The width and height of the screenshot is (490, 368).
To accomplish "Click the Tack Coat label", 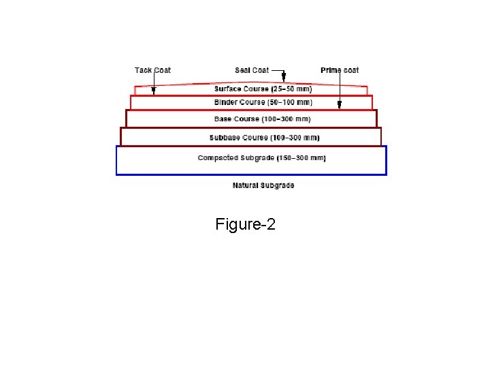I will tap(152, 70).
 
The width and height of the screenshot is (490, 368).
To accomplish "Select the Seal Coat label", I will tap(251, 70).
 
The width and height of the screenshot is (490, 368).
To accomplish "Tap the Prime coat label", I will tap(340, 70).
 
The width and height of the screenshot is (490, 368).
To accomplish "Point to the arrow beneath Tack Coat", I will tap(154, 85).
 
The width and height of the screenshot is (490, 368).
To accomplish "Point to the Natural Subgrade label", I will tap(263, 185).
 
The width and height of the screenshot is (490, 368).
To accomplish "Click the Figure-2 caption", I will tap(245, 224).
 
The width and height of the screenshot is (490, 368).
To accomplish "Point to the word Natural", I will tap(246, 185).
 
